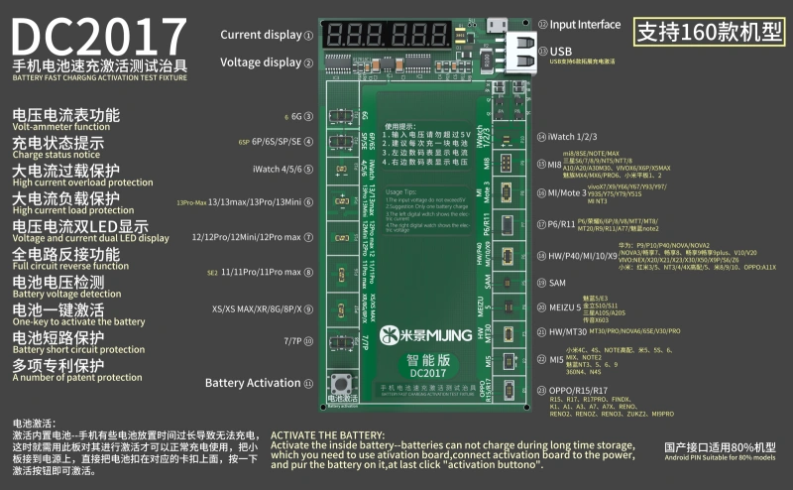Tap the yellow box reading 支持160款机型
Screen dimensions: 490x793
point(708,30)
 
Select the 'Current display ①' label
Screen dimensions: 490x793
point(266,35)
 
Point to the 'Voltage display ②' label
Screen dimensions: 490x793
point(266,61)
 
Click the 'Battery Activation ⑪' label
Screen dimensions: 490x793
point(258,383)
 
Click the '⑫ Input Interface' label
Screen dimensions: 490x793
point(579,25)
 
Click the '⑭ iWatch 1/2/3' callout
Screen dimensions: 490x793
point(577,137)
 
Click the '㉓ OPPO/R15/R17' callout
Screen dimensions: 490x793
point(586,390)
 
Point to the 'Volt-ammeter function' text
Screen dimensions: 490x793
point(60,127)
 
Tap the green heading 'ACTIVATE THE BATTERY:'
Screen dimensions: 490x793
point(330,434)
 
